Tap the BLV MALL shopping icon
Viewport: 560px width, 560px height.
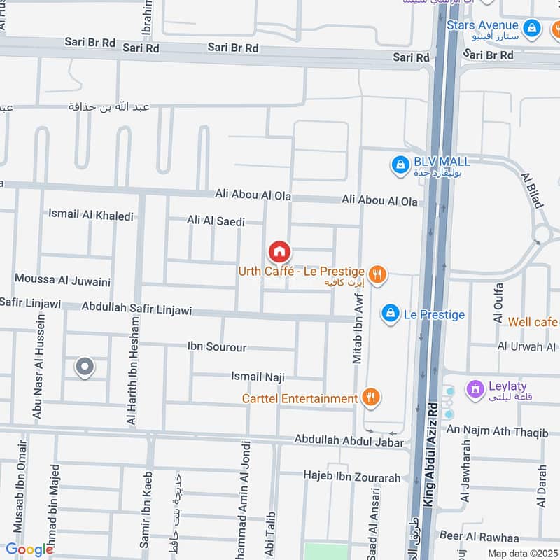(x=400, y=165)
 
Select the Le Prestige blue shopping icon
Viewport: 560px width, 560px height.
(x=390, y=314)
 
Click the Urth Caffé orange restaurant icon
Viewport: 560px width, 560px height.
(x=378, y=275)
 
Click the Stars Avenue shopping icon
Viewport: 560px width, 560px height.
(x=533, y=29)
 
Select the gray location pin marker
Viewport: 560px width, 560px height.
(x=85, y=367)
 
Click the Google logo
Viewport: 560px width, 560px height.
(x=29, y=549)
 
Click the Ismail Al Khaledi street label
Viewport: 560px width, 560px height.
(x=91, y=215)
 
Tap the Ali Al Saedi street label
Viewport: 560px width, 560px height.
(x=216, y=221)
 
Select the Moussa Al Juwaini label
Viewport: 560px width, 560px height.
(x=63, y=281)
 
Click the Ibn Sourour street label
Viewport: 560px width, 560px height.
(x=217, y=346)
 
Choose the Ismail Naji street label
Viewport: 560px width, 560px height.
(x=258, y=377)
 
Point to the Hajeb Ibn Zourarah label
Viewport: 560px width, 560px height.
(x=351, y=477)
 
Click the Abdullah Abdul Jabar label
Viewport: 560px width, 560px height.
(x=349, y=442)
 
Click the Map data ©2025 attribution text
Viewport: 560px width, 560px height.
(x=522, y=553)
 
